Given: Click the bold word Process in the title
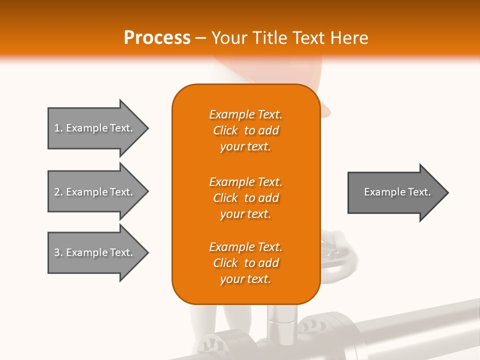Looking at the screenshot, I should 157,38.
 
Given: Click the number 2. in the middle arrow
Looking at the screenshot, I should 58,192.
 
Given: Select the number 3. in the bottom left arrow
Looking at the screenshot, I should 58,252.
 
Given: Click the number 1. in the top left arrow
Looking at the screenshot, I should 58,128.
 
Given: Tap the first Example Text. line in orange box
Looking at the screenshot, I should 245,114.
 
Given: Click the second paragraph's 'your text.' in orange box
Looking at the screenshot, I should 245,214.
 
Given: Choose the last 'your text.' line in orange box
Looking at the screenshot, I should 245,279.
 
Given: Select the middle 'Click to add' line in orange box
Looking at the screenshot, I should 245,198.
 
